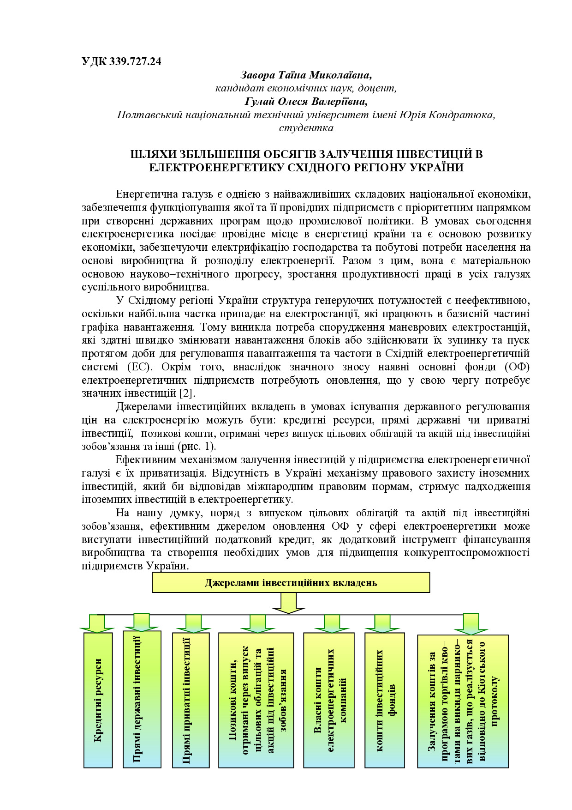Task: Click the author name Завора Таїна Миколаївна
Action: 306,75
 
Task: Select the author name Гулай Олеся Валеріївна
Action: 306,101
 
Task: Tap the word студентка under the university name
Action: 306,128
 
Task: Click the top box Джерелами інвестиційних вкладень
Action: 291,583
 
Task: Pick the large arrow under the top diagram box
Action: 289,603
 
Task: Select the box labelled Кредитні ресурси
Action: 98,700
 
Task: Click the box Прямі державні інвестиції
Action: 142,699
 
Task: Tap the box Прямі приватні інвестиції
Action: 191,700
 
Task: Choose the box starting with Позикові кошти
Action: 256,700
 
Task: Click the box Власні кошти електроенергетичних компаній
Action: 328,700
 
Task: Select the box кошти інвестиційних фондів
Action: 384,700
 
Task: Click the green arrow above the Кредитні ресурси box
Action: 97,623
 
